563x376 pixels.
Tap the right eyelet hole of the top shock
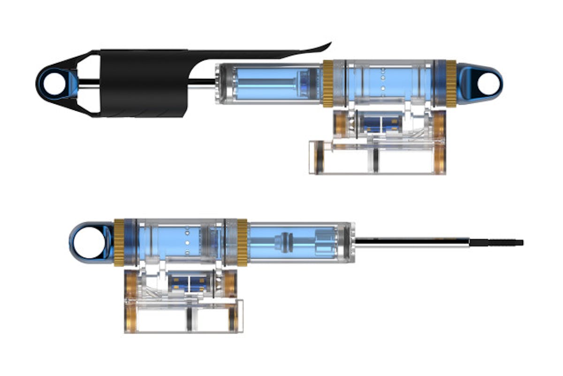click(x=488, y=83)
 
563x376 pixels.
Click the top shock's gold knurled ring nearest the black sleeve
click(x=327, y=83)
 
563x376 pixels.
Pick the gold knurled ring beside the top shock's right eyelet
click(x=450, y=83)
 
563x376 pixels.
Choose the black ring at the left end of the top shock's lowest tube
click(x=320, y=157)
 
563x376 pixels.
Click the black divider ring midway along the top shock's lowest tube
click(x=376, y=159)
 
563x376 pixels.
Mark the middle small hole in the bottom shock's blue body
click(x=187, y=242)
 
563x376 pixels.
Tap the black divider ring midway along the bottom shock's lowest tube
click(x=189, y=319)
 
